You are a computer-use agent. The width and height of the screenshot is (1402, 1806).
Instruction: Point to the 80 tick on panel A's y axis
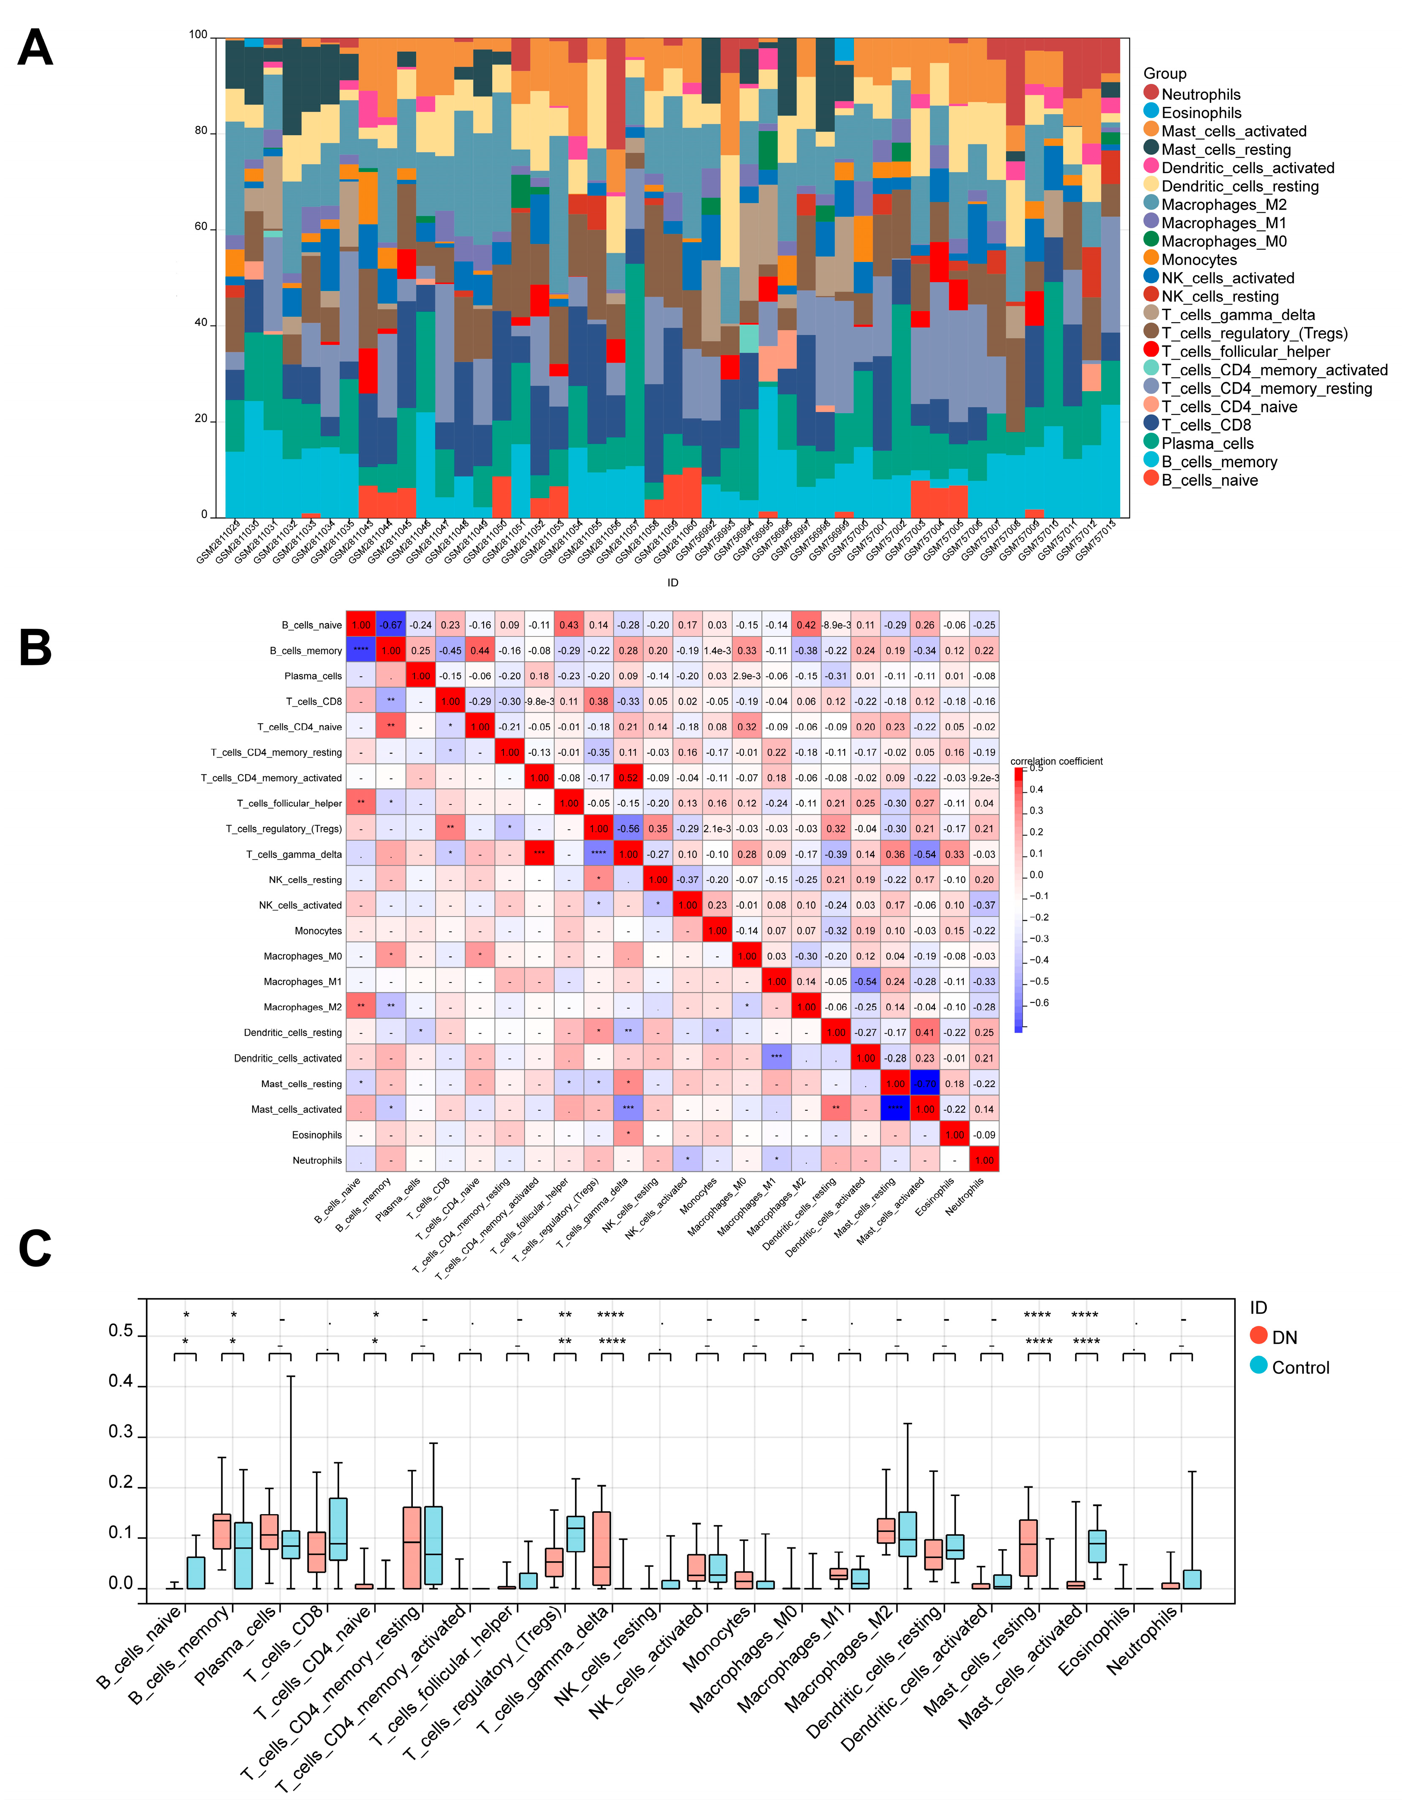pyautogui.click(x=201, y=131)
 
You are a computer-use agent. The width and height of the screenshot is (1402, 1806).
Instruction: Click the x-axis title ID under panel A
pyautogui.click(x=672, y=583)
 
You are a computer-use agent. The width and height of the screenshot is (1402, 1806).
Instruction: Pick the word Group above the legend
pyautogui.click(x=1164, y=74)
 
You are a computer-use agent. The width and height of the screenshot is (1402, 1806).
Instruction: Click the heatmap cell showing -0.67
pyautogui.click(x=391, y=625)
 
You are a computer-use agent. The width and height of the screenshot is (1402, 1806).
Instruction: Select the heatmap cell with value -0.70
pyautogui.click(x=925, y=1083)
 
